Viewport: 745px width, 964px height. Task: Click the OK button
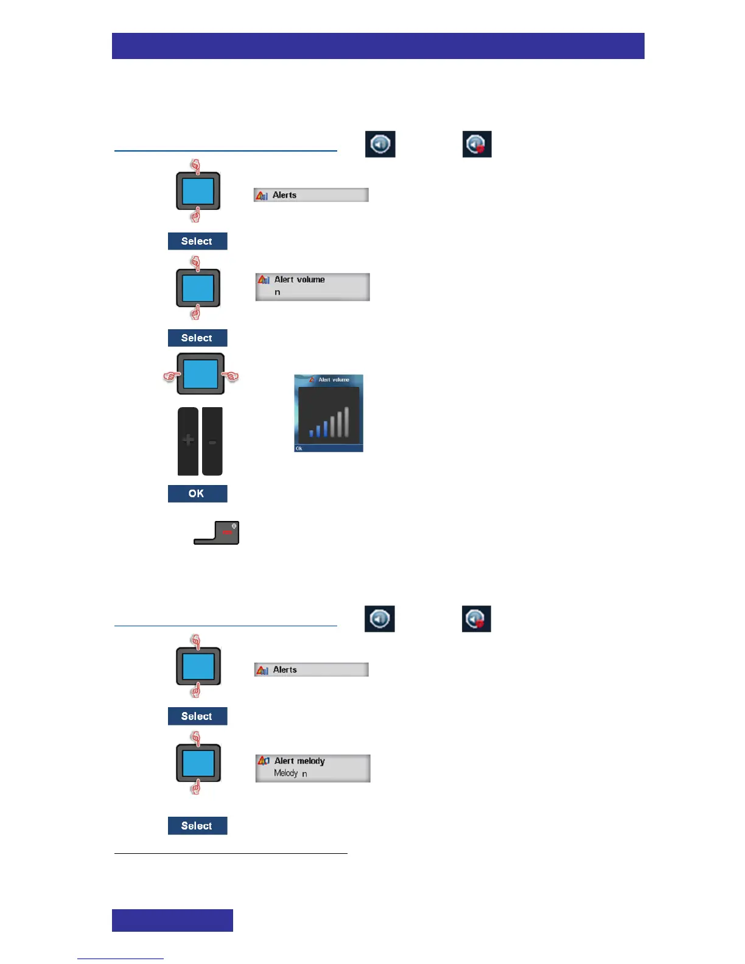click(197, 494)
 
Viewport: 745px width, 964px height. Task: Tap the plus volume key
click(188, 440)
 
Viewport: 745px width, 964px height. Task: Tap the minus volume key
click(212, 441)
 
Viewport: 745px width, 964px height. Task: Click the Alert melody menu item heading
click(299, 761)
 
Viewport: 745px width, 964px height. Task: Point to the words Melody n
click(290, 774)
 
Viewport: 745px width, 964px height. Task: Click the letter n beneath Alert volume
click(278, 293)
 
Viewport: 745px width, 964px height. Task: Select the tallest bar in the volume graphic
click(346, 422)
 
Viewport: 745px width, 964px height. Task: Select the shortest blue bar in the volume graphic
click(311, 433)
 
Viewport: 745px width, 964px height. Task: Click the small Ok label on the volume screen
click(299, 449)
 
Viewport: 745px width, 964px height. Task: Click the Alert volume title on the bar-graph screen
click(334, 380)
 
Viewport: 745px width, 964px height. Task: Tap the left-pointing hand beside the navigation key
click(170, 377)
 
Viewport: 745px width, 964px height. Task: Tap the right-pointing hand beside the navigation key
click(230, 377)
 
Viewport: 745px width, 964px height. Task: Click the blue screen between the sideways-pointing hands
click(200, 374)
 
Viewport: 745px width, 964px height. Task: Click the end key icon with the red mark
click(226, 532)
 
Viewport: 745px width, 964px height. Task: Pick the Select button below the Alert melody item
click(197, 826)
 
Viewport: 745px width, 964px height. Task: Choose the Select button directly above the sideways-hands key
click(197, 338)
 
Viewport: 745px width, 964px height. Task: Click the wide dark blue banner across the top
click(378, 46)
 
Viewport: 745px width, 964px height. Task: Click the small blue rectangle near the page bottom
click(172, 920)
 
